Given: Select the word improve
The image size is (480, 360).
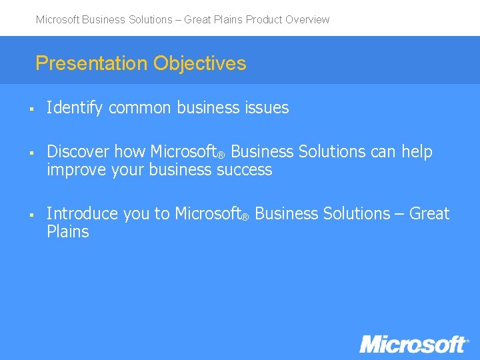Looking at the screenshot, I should pos(74,170).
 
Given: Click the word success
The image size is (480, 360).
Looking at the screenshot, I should pos(245,170).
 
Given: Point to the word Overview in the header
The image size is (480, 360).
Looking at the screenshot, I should pos(307,20).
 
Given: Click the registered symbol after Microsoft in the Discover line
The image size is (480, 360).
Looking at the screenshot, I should pos(221,155).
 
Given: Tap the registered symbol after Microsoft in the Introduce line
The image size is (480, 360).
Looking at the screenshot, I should pos(245,217).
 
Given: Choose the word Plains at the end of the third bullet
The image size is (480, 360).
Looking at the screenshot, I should pos(67,232).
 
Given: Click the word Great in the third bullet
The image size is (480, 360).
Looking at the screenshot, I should pos(429,214).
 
